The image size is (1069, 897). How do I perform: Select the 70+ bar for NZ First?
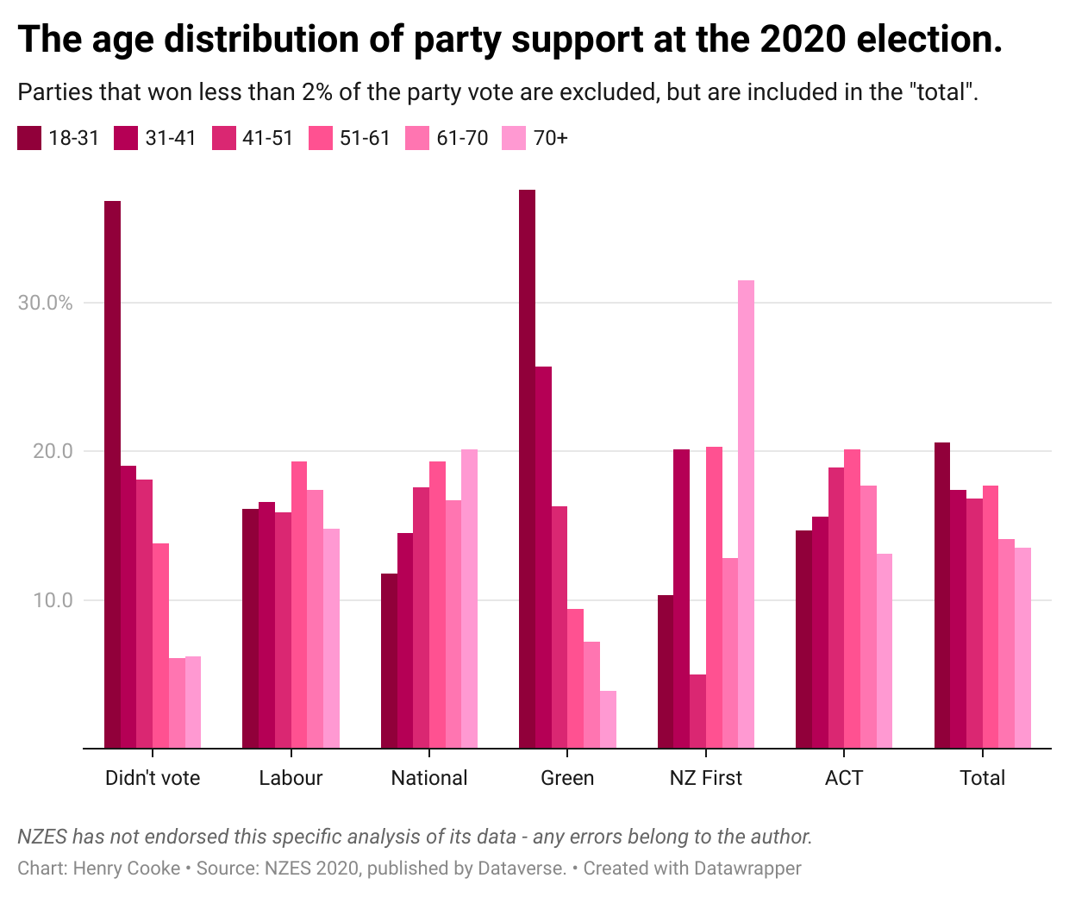click(x=746, y=514)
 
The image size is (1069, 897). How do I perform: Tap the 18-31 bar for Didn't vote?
click(x=112, y=474)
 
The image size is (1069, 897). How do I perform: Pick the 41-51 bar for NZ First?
click(x=697, y=711)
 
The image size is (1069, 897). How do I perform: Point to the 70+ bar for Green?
click(x=608, y=719)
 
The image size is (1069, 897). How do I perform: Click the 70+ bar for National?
click(x=469, y=599)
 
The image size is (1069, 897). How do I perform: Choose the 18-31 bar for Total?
click(x=942, y=595)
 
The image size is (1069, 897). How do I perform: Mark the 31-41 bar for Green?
click(x=543, y=557)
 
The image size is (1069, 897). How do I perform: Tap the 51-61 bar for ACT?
click(x=852, y=599)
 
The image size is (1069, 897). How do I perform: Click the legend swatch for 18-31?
click(x=29, y=138)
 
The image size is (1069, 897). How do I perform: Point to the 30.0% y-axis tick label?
click(x=45, y=303)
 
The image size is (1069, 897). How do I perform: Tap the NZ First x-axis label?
click(x=705, y=778)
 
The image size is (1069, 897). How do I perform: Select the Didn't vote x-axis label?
click(x=153, y=778)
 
